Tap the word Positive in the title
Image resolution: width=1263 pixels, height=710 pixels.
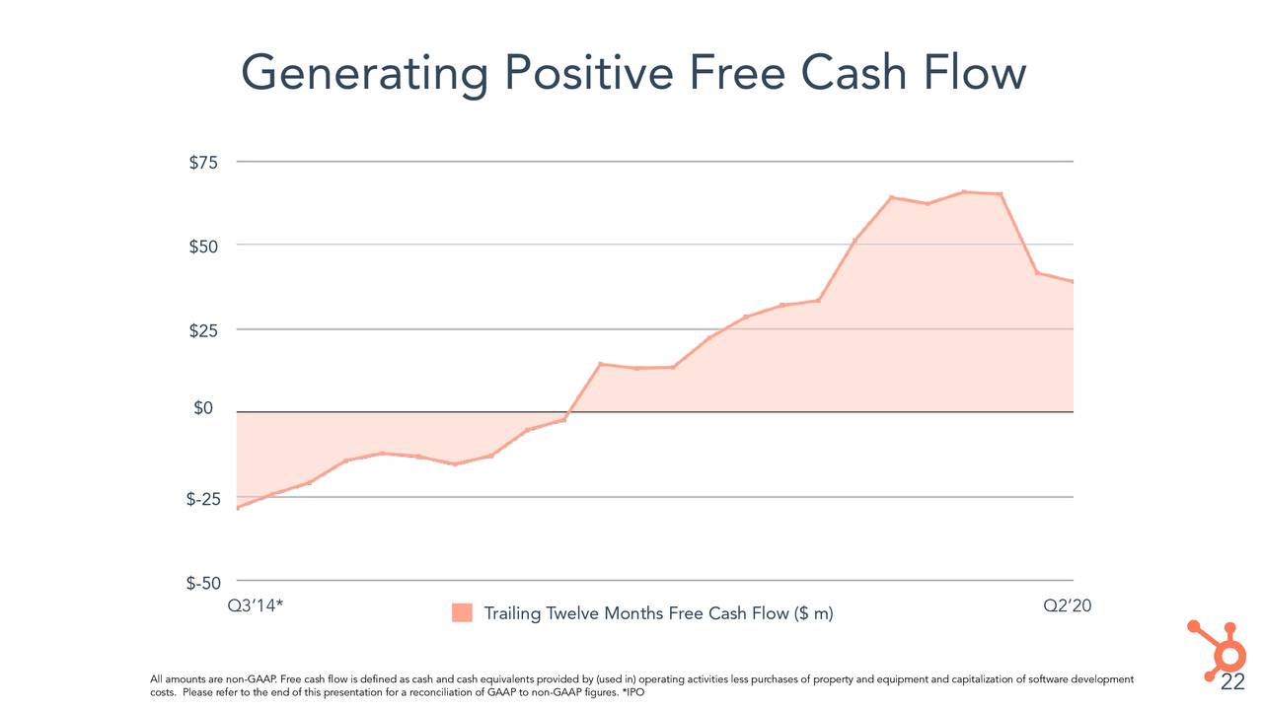pos(589,73)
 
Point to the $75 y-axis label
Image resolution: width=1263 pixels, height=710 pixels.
pos(204,163)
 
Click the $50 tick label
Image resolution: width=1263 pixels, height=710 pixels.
pos(204,246)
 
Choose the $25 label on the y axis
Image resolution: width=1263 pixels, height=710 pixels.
pos(204,329)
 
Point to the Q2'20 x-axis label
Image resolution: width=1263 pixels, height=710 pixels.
pos(1068,605)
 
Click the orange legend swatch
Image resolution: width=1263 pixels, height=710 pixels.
pos(462,613)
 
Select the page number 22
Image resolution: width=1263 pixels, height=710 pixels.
pos(1232,684)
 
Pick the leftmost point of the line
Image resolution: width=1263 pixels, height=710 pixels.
pos(237,508)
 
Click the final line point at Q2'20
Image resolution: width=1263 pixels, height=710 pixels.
pos(1073,282)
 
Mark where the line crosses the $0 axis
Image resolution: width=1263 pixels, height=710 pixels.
pos(569,412)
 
